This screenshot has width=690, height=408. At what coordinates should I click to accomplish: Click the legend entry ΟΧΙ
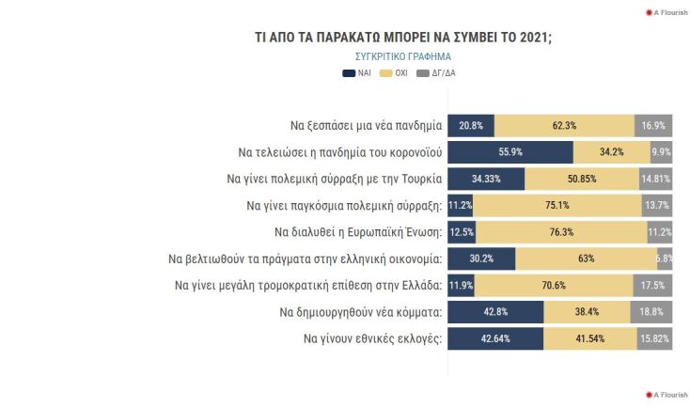(394, 71)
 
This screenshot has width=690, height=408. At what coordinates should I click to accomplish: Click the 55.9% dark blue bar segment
(510, 151)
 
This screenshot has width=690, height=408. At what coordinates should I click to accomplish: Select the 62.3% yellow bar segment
(564, 125)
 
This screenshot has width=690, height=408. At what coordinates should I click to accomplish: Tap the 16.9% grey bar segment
(653, 125)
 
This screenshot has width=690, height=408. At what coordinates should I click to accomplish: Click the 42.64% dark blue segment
(495, 337)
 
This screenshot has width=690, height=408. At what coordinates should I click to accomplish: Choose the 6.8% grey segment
(665, 258)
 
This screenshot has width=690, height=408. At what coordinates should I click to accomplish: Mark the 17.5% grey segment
(652, 284)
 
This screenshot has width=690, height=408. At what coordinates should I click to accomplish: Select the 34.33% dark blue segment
(486, 178)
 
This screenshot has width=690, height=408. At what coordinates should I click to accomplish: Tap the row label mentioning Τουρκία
(334, 178)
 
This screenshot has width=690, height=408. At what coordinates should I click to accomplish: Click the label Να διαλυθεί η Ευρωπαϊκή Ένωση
(358, 231)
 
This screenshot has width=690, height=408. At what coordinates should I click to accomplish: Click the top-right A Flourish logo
(666, 11)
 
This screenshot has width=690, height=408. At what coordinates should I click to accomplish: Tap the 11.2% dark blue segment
(459, 205)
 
